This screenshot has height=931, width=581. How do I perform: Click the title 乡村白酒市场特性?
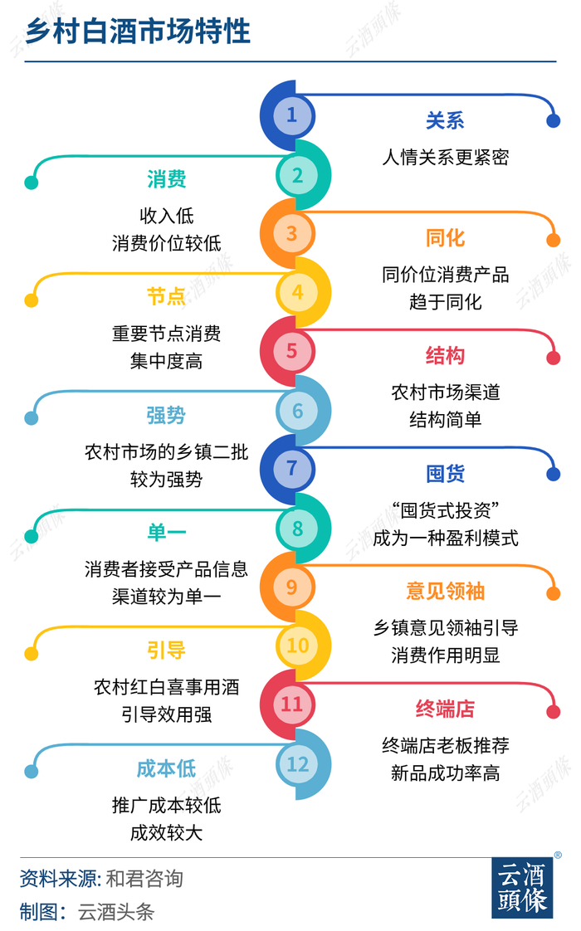pyautogui.click(x=137, y=32)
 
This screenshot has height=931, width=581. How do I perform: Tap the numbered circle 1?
pyautogui.click(x=291, y=115)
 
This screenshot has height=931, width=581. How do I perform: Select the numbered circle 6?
pyautogui.click(x=298, y=410)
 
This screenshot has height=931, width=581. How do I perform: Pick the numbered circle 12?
pyautogui.click(x=298, y=763)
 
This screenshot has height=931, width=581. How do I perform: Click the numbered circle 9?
pyautogui.click(x=291, y=587)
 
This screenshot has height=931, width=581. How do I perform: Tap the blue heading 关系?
pyautogui.click(x=445, y=121)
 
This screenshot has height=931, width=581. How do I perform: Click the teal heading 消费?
pyautogui.click(x=166, y=179)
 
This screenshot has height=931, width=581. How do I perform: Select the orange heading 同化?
pyautogui.click(x=445, y=239)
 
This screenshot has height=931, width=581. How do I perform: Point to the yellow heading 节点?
pyautogui.click(x=166, y=297)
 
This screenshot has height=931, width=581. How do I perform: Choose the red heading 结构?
pyautogui.click(x=445, y=357)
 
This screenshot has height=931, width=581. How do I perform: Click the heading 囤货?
pyautogui.click(x=445, y=475)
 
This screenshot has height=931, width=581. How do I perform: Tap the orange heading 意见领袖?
pyautogui.click(x=445, y=592)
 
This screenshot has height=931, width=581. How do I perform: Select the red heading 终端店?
pyautogui.click(x=445, y=709)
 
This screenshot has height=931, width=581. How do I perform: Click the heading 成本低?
pyautogui.click(x=166, y=768)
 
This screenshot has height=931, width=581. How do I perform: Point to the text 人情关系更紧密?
pyautogui.click(x=445, y=157)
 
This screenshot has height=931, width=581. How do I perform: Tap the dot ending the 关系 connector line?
pyautogui.click(x=554, y=122)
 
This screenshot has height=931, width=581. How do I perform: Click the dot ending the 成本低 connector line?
pyautogui.click(x=32, y=771)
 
